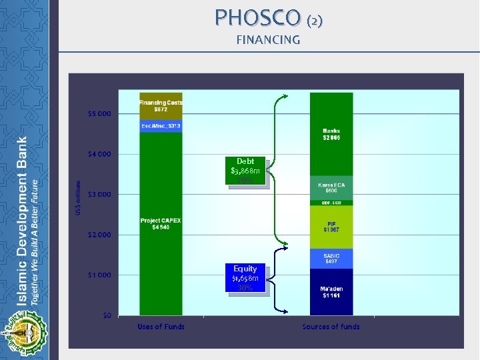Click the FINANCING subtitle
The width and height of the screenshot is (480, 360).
point(268,40)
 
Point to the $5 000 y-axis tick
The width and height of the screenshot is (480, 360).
point(99,113)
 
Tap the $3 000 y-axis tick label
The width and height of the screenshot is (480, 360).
point(99,194)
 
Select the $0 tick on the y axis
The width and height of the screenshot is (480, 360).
point(107,315)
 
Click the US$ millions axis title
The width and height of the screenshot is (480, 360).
point(79,197)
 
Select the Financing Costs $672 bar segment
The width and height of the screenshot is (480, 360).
point(161,105)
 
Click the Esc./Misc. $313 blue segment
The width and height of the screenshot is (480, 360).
point(161,126)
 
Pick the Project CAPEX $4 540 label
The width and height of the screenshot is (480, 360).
point(161,224)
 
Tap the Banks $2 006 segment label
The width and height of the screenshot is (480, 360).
point(331,134)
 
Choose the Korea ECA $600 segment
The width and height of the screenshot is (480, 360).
point(331,187)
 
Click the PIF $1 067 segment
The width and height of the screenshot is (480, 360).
point(331,227)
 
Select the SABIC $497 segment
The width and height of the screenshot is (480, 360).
point(331,259)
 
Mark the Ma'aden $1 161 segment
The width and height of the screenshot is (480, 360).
point(331,291)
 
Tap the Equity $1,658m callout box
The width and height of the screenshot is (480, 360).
point(245,277)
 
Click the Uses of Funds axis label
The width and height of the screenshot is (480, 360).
point(161,327)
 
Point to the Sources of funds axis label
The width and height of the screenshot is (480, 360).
point(331,327)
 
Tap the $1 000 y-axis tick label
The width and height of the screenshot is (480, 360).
point(99,275)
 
